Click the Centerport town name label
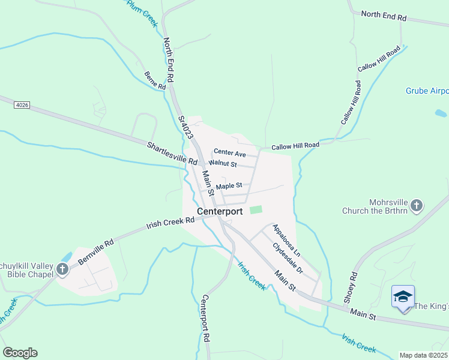(x=220, y=211)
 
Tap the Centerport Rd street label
(x=205, y=318)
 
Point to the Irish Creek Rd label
(x=170, y=223)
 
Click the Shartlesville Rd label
(x=172, y=154)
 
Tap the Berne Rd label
(x=155, y=81)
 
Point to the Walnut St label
(x=223, y=164)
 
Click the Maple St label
(x=229, y=186)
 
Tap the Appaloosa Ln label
(x=286, y=238)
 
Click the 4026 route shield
(x=20, y=105)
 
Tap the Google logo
(x=20, y=352)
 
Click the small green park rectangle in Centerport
(x=256, y=209)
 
